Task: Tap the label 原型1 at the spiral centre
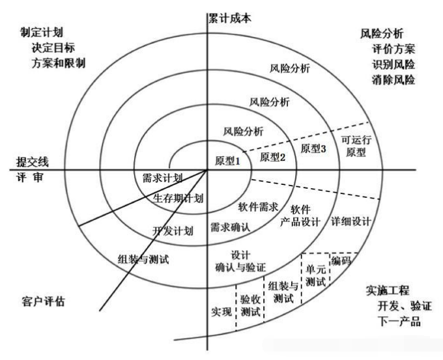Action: [x=228, y=161]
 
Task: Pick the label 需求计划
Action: [x=162, y=177]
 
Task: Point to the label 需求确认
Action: [x=231, y=228]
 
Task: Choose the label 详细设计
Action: [x=351, y=221]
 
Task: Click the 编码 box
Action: [x=341, y=261]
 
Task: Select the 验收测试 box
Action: [x=250, y=304]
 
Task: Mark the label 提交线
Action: [x=33, y=161]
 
